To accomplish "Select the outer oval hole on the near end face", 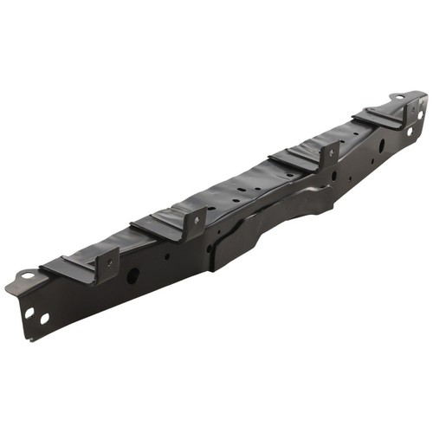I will [x=29, y=313].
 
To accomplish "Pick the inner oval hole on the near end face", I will [x=44, y=318].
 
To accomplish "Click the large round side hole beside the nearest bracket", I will [x=132, y=275].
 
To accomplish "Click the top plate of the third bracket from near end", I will [x=294, y=159].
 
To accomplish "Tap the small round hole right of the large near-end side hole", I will [x=167, y=256].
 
